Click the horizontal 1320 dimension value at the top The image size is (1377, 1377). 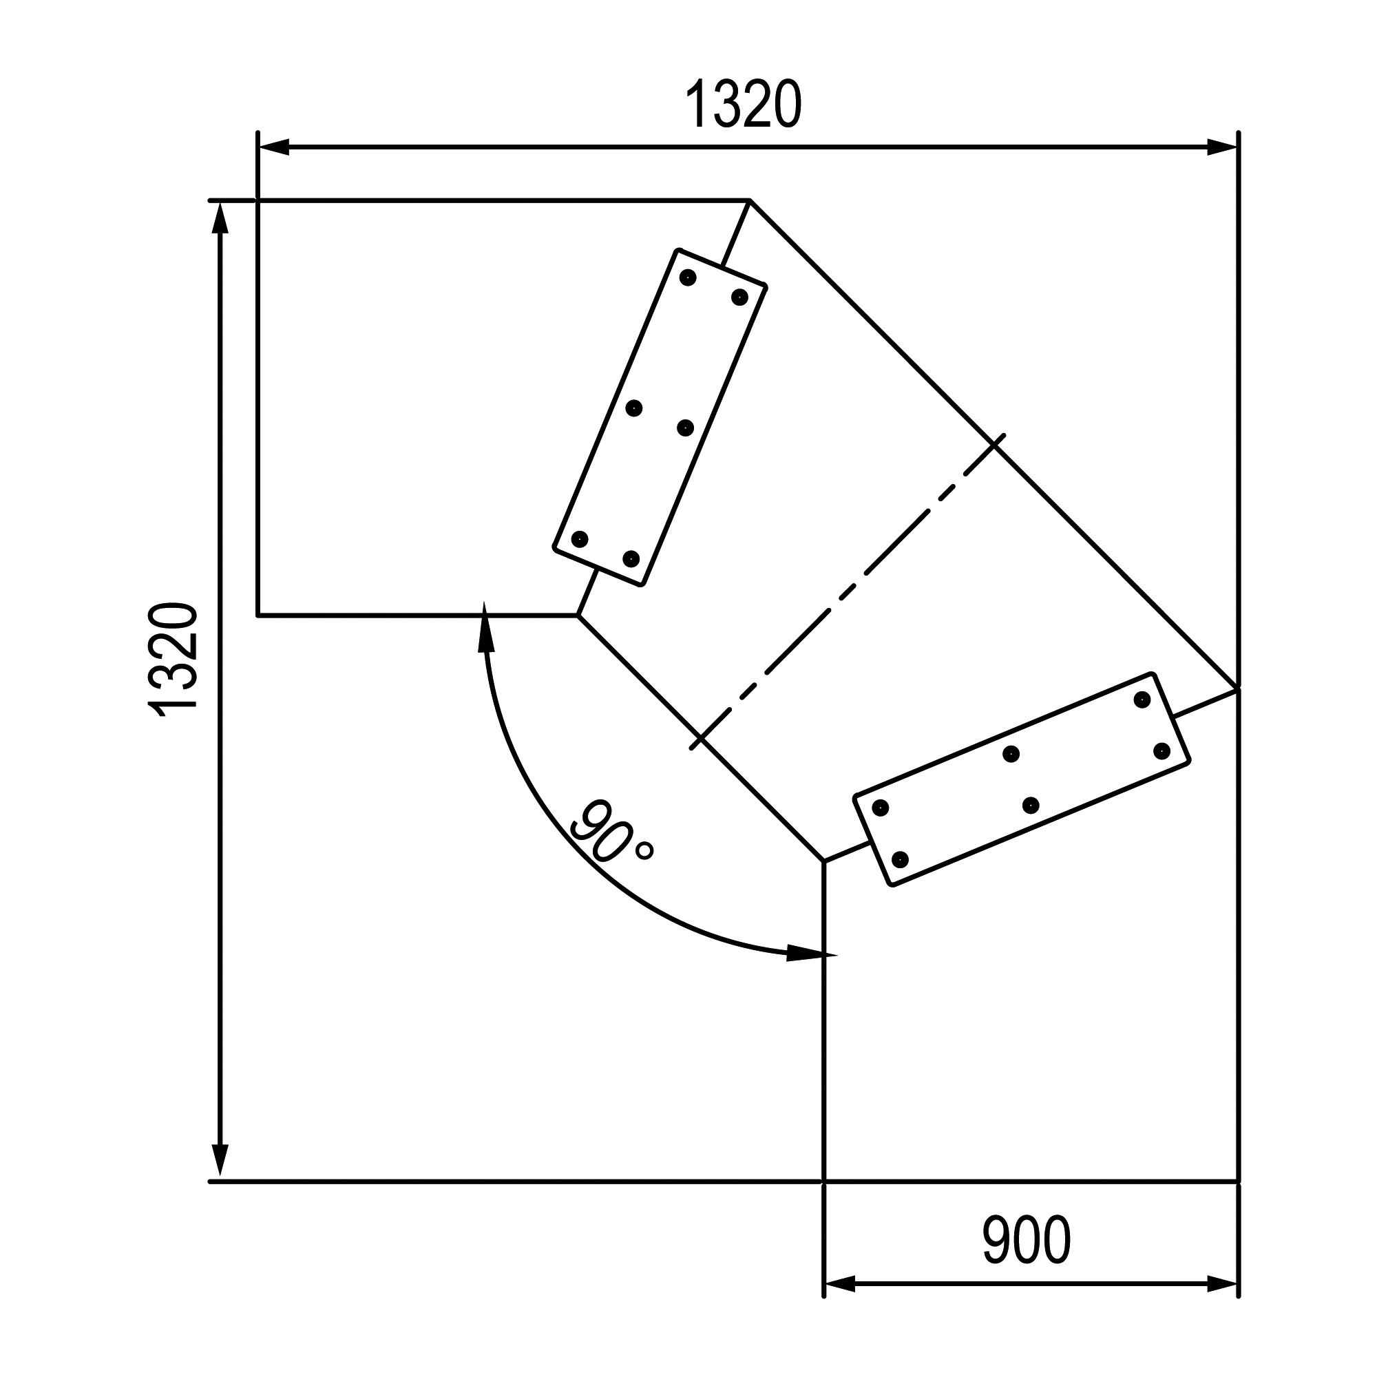pos(744,105)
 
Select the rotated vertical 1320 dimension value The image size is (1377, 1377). pos(171,660)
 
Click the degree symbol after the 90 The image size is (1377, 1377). pos(644,851)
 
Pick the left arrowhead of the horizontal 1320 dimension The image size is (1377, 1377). pos(274,147)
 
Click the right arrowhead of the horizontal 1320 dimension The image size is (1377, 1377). pos(1222,147)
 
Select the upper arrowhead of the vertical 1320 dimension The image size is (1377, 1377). pos(220,218)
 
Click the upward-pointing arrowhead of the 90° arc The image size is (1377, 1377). pos(486,627)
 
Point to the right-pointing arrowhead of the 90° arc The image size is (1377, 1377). pos(812,954)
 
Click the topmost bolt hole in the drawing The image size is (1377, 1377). pos(687,277)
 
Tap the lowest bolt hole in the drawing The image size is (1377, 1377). pos(900,859)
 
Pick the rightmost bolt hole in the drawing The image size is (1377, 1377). pos(1161,750)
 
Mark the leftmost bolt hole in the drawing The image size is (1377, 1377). pos(580,539)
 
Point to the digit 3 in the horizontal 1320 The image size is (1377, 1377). pos(726,105)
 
